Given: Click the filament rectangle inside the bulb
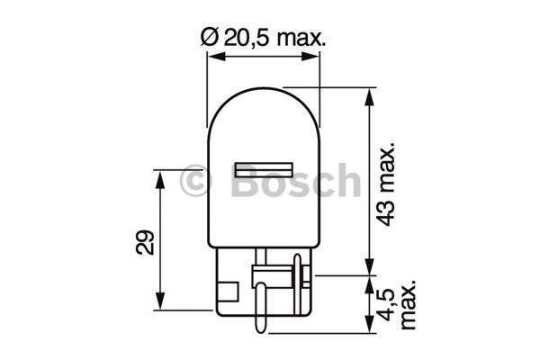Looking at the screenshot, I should click(264, 168).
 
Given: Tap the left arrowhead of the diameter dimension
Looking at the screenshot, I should click(214, 57).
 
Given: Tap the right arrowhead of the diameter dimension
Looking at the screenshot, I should click(314, 57).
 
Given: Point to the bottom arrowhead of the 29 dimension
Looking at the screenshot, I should click(161, 301).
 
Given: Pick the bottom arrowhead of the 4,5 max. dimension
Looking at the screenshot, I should click(369, 315).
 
